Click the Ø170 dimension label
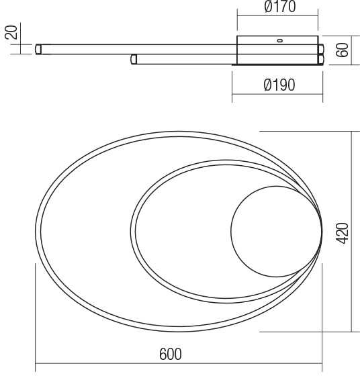[280, 7]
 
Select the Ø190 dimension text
[279, 85]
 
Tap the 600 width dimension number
[171, 354]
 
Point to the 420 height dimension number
[342, 234]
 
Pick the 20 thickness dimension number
[11, 32]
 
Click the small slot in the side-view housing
[279, 41]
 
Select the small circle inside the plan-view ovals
[276, 232]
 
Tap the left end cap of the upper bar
[38, 49]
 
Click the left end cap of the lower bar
[134, 59]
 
